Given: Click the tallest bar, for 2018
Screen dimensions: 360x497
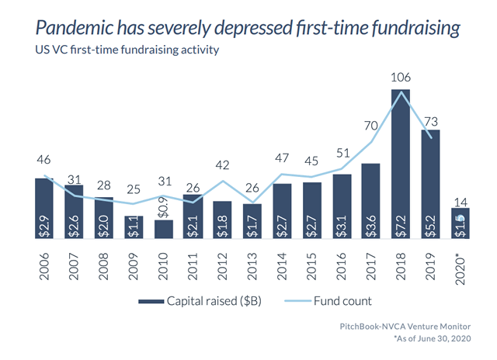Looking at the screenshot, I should coord(400,164).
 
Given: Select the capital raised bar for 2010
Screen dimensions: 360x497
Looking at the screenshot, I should coord(163,230).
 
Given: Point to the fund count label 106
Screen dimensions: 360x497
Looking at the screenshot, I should coord(400,78).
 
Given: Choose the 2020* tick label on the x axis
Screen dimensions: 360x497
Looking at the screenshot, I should coord(461,268).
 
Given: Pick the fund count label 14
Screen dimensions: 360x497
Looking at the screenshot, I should coord(460,199).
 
